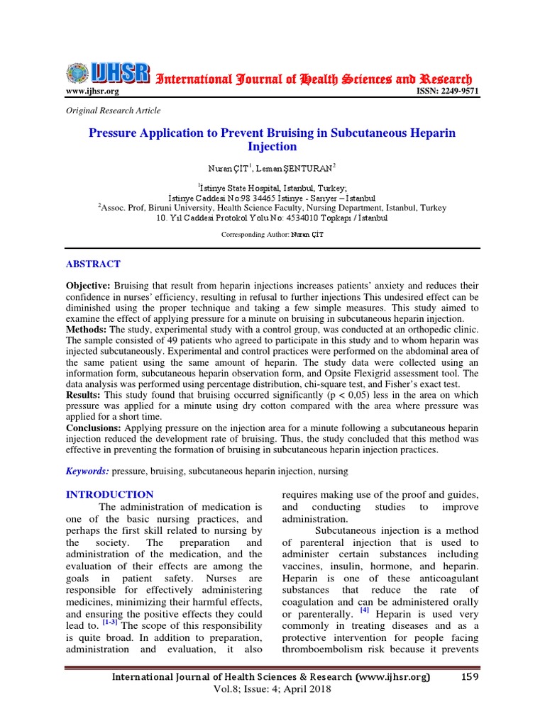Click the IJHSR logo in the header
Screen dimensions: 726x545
(109, 73)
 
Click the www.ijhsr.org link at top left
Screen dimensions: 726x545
(92, 91)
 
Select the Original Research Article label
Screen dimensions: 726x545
(113, 110)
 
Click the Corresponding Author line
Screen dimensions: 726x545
(272, 234)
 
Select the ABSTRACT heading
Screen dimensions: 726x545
(93, 264)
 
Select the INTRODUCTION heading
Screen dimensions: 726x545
(109, 494)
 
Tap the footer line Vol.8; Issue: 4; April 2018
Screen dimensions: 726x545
(272, 689)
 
